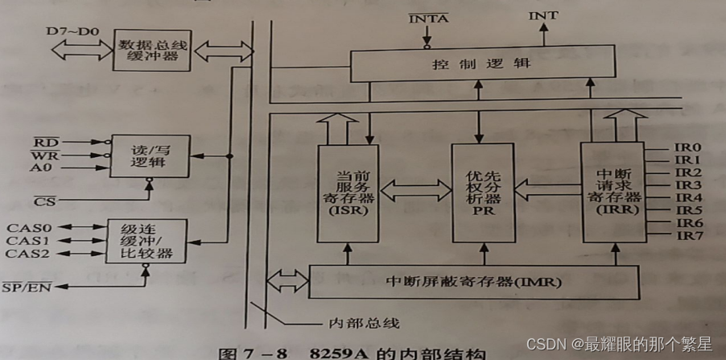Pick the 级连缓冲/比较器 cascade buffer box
pyautogui.click(x=141, y=241)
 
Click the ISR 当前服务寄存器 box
pyautogui.click(x=348, y=193)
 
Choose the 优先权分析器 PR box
pyautogui.click(x=483, y=193)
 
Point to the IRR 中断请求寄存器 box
pyautogui.click(x=611, y=193)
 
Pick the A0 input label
pyautogui.click(x=43, y=168)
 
